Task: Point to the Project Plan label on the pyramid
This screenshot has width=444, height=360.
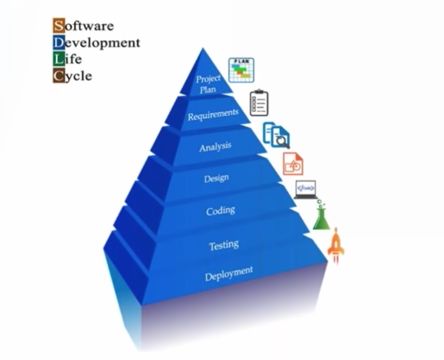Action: click(x=207, y=84)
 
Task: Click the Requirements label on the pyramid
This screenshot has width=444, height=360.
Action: click(x=213, y=115)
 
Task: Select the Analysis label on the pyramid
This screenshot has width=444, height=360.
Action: click(x=215, y=146)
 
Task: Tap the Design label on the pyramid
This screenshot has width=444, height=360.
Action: click(x=216, y=178)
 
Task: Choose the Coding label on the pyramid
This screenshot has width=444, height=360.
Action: click(x=220, y=210)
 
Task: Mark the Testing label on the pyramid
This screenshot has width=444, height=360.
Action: click(x=224, y=245)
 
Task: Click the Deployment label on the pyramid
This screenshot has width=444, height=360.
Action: click(x=228, y=274)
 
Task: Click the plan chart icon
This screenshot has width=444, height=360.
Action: click(x=241, y=70)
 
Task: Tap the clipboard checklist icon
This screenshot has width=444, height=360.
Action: click(x=259, y=103)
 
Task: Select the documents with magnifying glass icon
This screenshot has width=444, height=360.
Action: click(x=276, y=135)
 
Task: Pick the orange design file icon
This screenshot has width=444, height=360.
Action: click(x=293, y=164)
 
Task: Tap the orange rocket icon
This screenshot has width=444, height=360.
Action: click(x=336, y=245)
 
